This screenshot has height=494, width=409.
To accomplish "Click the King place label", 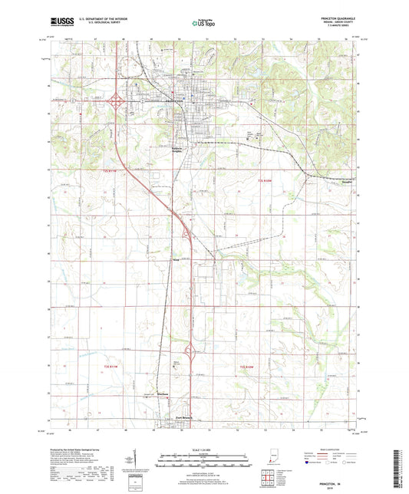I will click(x=176, y=261).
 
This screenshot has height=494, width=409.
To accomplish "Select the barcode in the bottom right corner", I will click(x=398, y=468).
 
